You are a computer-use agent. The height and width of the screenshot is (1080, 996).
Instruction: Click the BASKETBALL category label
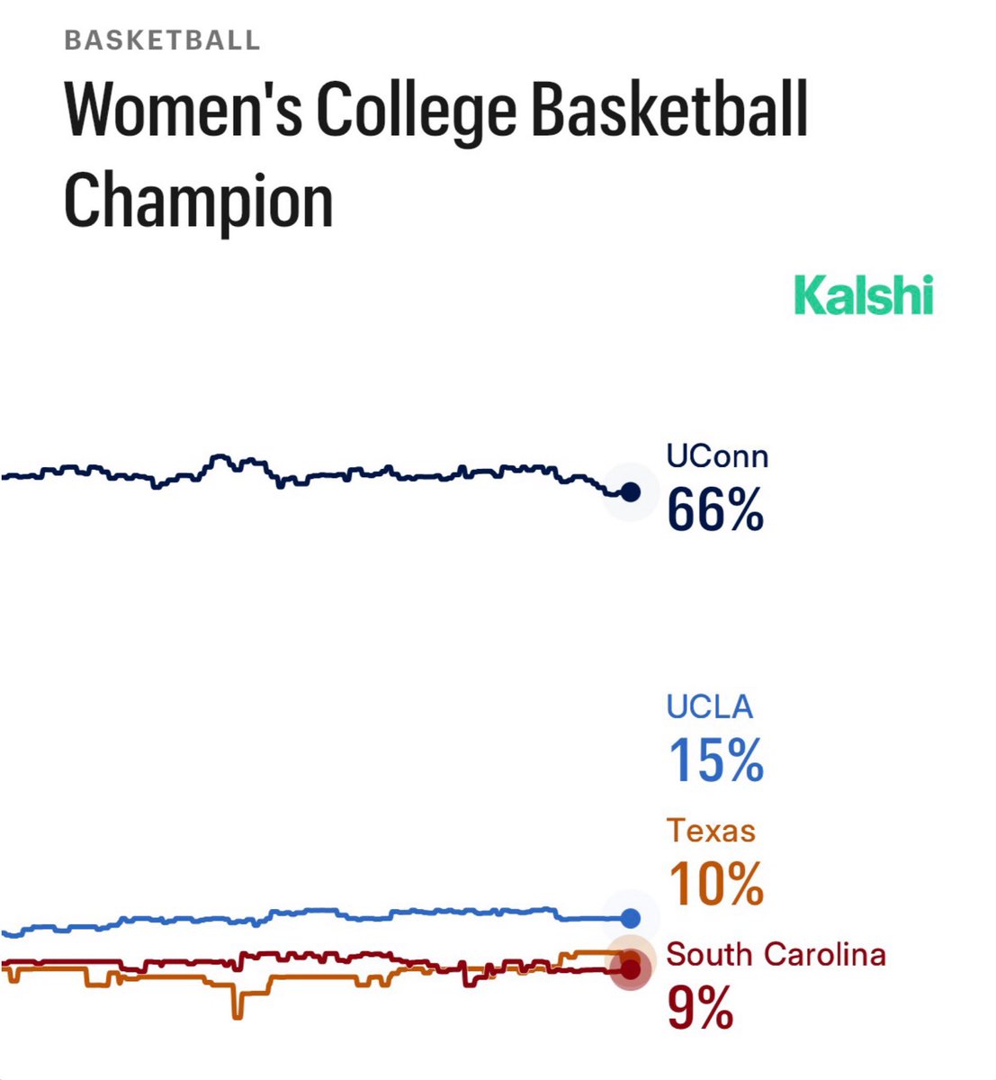click(162, 40)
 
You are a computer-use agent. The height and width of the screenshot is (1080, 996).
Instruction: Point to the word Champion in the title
click(198, 200)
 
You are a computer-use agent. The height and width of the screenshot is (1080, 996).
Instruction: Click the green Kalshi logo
click(864, 296)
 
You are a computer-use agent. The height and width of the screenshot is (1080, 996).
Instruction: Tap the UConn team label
click(717, 456)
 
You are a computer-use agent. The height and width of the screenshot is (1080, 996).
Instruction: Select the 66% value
click(715, 509)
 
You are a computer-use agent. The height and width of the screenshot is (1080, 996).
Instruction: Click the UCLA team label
click(709, 706)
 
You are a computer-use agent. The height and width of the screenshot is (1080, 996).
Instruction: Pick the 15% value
click(715, 760)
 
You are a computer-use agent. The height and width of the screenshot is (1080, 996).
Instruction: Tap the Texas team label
click(711, 830)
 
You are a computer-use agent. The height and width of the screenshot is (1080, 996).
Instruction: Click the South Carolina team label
click(776, 954)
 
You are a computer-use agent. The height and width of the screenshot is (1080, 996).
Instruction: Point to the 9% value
click(700, 1008)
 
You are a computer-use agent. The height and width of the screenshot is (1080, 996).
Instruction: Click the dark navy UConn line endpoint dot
click(631, 492)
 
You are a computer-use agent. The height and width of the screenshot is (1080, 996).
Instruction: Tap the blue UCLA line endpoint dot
click(631, 918)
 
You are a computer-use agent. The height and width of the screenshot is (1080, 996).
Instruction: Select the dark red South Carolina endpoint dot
click(631, 969)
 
